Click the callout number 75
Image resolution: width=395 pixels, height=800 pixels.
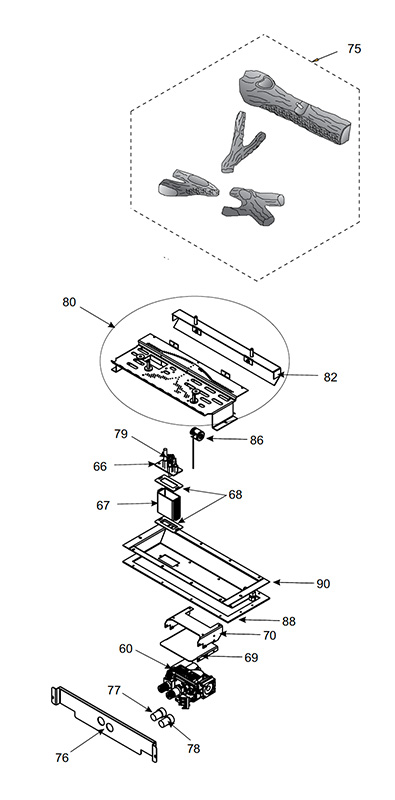[354, 49]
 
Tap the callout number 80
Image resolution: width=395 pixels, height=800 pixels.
[69, 302]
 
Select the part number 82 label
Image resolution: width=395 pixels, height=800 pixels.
[331, 377]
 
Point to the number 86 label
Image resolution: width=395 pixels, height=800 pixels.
[257, 440]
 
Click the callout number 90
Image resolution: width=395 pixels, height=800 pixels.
[323, 584]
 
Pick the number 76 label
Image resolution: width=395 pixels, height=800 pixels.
[62, 758]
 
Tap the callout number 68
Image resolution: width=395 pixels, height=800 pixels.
[235, 494]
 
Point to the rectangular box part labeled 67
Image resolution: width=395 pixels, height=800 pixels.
[168, 505]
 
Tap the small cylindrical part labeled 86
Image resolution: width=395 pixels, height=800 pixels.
[196, 435]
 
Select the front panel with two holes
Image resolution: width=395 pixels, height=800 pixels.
[105, 723]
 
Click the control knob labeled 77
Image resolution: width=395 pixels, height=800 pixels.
[157, 714]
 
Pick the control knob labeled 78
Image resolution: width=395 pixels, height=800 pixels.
[166, 720]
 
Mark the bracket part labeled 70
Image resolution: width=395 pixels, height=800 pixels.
[194, 626]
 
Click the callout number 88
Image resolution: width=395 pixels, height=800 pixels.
[289, 621]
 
